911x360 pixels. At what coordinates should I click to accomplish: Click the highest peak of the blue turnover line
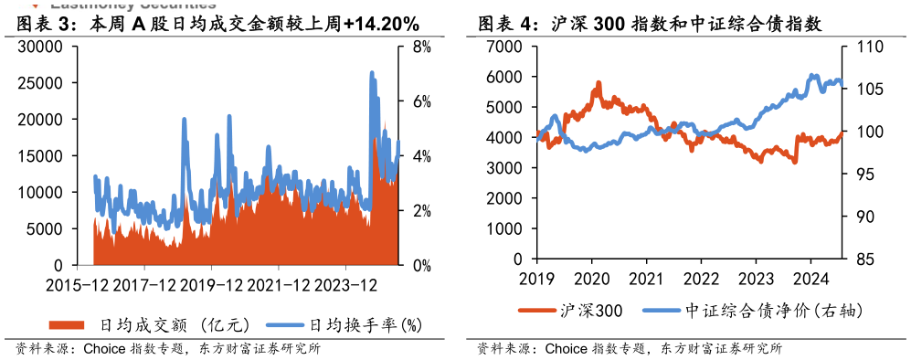point(371,72)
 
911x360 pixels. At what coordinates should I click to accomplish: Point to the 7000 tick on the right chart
point(504,47)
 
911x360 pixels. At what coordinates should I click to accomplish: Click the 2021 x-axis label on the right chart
point(646,278)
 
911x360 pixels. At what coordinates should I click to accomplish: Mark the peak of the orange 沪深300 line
point(599,82)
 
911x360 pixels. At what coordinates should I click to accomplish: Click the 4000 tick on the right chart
point(504,138)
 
